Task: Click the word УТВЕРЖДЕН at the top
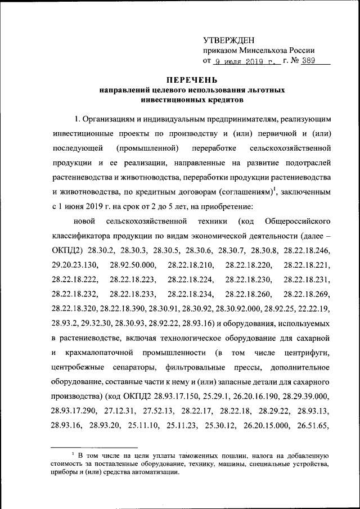coord(228,40)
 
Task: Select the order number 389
coord(309,61)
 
